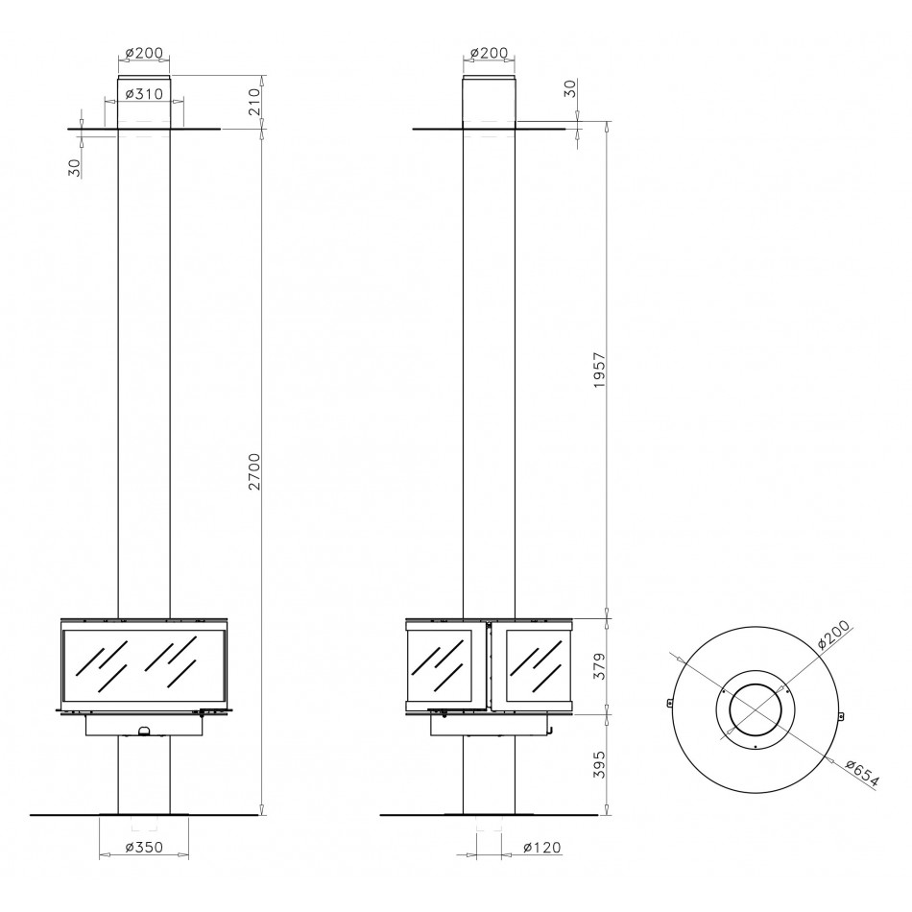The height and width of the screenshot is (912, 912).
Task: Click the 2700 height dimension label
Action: tap(254, 471)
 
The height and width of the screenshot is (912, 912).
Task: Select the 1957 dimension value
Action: tap(600, 370)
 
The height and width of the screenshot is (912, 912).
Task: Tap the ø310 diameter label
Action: tap(144, 93)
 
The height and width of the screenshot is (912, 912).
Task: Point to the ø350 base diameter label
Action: tap(144, 847)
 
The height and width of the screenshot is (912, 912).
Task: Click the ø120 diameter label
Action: tap(542, 847)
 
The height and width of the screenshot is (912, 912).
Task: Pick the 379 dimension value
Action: tap(600, 666)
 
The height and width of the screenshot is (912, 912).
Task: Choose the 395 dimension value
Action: tap(600, 764)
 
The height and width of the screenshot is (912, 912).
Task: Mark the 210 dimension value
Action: tap(254, 101)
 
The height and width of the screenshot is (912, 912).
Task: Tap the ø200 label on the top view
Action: tap(833, 635)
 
